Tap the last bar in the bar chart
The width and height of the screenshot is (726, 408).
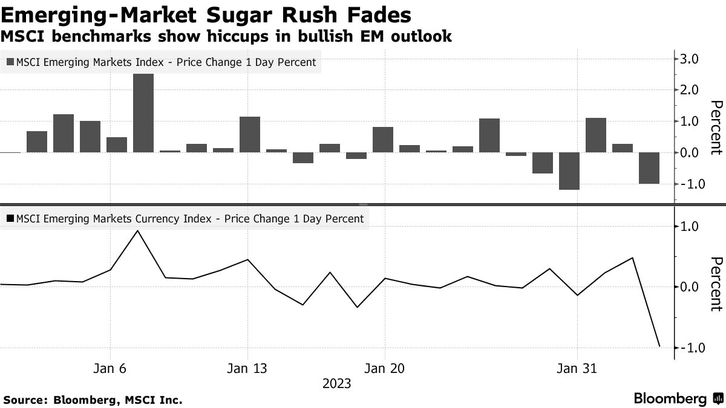point(649,168)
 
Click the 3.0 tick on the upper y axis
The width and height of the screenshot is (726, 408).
point(690,59)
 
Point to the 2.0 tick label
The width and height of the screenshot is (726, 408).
point(690,90)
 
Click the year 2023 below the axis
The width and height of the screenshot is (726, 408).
point(336,383)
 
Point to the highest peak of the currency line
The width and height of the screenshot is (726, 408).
point(137,231)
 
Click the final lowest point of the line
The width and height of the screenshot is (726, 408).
point(659,346)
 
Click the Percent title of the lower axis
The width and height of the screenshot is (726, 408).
point(715,284)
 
